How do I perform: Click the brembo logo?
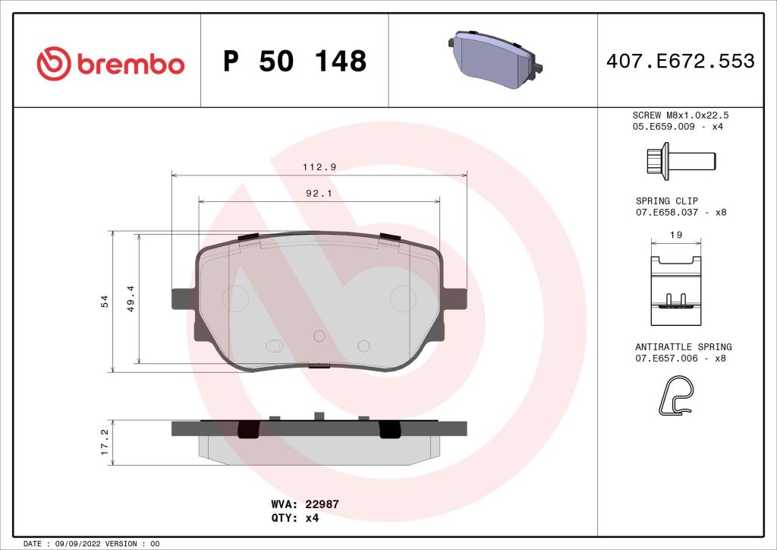point(111,63)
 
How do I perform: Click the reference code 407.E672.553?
point(680,62)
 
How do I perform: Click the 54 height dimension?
point(105,302)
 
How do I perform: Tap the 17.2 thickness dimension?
point(105,441)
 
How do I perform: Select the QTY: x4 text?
point(294,518)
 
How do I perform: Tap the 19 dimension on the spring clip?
point(677,235)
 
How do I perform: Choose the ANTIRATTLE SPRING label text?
point(683,346)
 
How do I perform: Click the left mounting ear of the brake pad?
point(183,299)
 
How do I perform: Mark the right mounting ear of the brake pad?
point(455,299)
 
